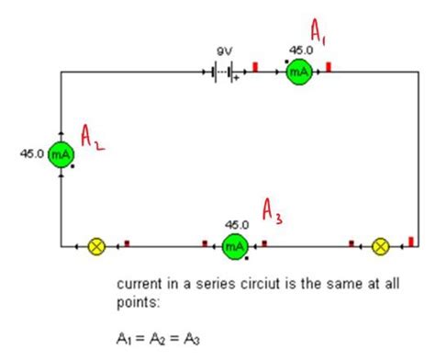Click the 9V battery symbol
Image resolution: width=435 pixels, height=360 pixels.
click(223, 71)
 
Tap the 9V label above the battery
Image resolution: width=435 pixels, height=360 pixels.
click(224, 51)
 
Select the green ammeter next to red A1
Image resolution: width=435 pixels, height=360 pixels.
click(299, 70)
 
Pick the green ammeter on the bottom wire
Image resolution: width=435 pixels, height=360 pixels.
click(236, 245)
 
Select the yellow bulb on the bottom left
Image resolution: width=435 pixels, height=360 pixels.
click(95, 245)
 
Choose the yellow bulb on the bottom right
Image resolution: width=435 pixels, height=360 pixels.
click(381, 245)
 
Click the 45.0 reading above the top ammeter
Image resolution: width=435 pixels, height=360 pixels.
click(301, 50)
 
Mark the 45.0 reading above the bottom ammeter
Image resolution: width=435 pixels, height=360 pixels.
click(236, 224)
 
